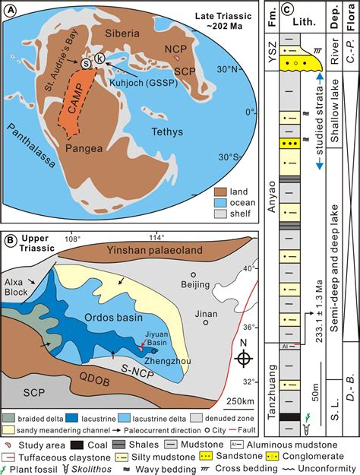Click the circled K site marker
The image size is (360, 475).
[x=99, y=61]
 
